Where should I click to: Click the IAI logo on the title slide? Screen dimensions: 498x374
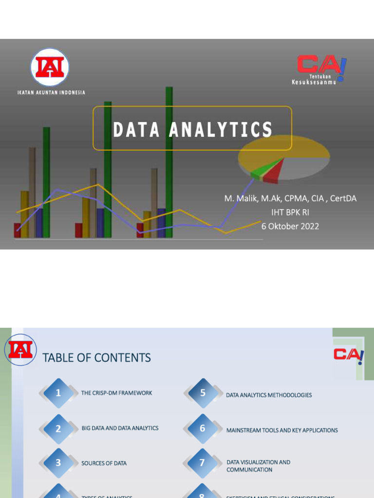tap(50, 68)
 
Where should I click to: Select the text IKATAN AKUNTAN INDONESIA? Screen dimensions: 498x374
tap(51, 92)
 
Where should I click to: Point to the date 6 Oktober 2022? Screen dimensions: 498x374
tap(290, 226)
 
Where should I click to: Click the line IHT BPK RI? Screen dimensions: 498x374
tap(290, 212)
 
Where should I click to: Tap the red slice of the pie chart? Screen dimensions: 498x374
tap(275, 172)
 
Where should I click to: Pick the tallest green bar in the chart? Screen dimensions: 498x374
tap(169, 160)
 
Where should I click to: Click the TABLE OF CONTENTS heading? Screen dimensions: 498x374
tap(96, 358)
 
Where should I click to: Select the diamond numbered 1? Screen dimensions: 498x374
tap(58, 393)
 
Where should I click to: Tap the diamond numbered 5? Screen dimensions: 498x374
tap(203, 393)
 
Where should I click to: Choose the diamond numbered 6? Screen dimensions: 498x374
tap(203, 429)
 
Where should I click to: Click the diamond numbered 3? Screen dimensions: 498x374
tap(58, 463)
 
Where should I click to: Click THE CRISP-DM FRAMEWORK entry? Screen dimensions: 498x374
tap(116, 393)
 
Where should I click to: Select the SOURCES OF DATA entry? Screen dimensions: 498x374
tap(104, 463)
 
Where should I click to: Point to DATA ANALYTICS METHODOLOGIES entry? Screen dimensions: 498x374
tap(269, 395)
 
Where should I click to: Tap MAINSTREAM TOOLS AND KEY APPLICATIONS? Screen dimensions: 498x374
tap(282, 430)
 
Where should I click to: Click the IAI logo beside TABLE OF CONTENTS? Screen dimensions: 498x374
tap(20, 350)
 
